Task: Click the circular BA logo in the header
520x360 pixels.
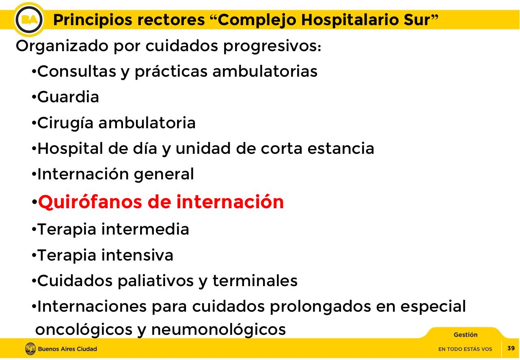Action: [x=29, y=19]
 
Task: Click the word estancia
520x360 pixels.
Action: [x=341, y=149]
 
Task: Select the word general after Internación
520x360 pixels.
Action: [x=164, y=175]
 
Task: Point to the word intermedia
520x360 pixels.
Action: [x=145, y=229]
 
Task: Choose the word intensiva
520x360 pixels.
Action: [x=137, y=255]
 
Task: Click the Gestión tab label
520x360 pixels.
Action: [x=466, y=335]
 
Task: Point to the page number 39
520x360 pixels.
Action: [x=511, y=348]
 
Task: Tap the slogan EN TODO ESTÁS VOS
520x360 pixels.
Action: [x=465, y=349]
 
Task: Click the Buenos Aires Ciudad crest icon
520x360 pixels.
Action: [x=30, y=349]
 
